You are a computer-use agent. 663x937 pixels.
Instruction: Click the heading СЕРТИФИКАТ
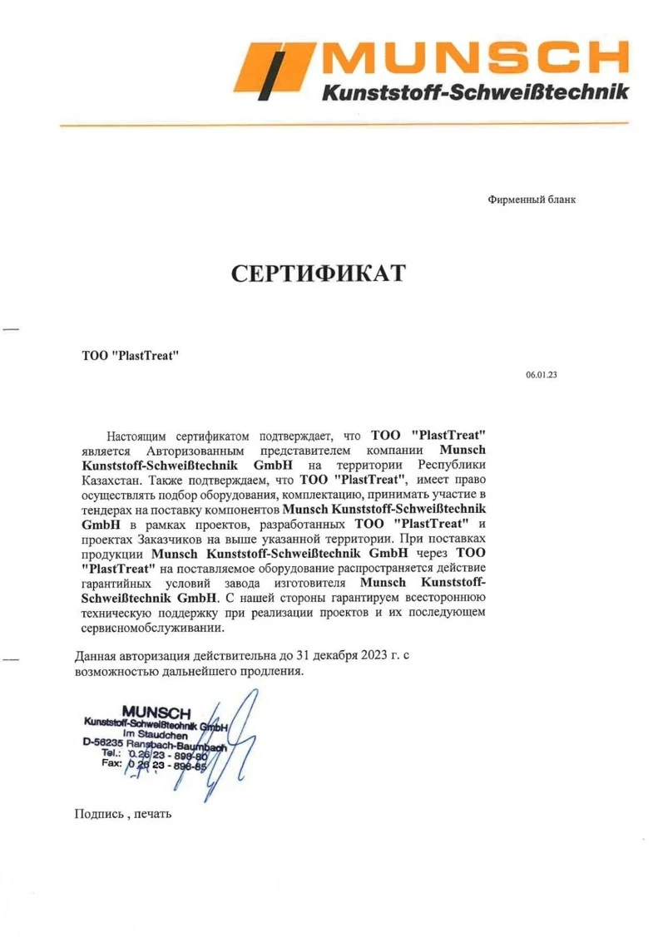(x=318, y=274)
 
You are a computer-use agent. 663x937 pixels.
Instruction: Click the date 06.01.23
(x=541, y=375)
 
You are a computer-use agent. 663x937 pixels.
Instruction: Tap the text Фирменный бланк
(x=531, y=200)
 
